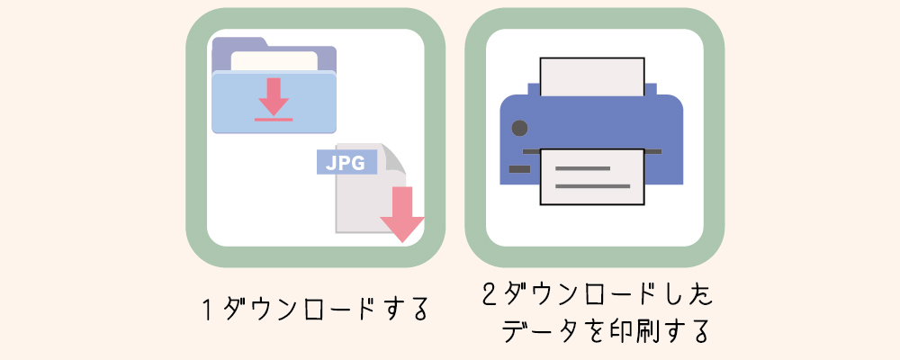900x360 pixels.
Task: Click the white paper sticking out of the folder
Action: coord(274,60)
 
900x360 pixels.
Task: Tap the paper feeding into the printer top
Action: coord(591,76)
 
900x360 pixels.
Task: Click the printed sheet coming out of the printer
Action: coord(591,176)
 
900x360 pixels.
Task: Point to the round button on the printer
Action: coord(518,128)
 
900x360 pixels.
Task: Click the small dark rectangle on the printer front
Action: coord(519,168)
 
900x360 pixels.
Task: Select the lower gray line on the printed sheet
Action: coord(591,187)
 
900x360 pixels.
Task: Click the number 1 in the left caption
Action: coord(207,309)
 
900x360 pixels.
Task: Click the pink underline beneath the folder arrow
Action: coord(274,118)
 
